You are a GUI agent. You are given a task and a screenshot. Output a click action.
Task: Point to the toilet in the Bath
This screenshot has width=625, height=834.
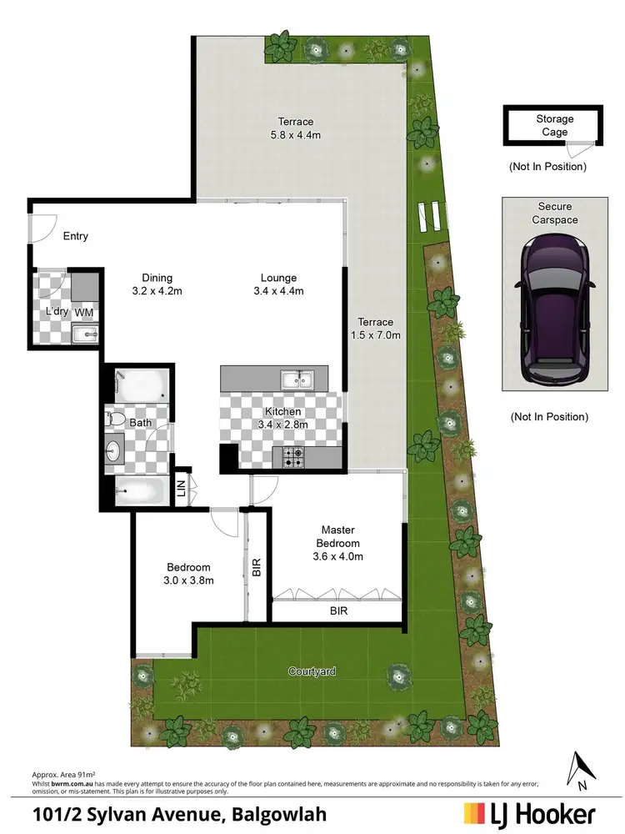click(x=117, y=419)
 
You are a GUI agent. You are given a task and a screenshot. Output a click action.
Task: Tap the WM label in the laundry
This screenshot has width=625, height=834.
click(x=84, y=312)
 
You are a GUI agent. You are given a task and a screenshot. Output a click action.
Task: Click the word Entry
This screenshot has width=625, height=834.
click(x=76, y=236)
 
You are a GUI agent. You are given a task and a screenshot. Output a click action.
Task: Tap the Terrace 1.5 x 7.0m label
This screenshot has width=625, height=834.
click(x=376, y=329)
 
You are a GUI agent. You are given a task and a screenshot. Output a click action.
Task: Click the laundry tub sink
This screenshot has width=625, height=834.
click(x=85, y=334)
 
